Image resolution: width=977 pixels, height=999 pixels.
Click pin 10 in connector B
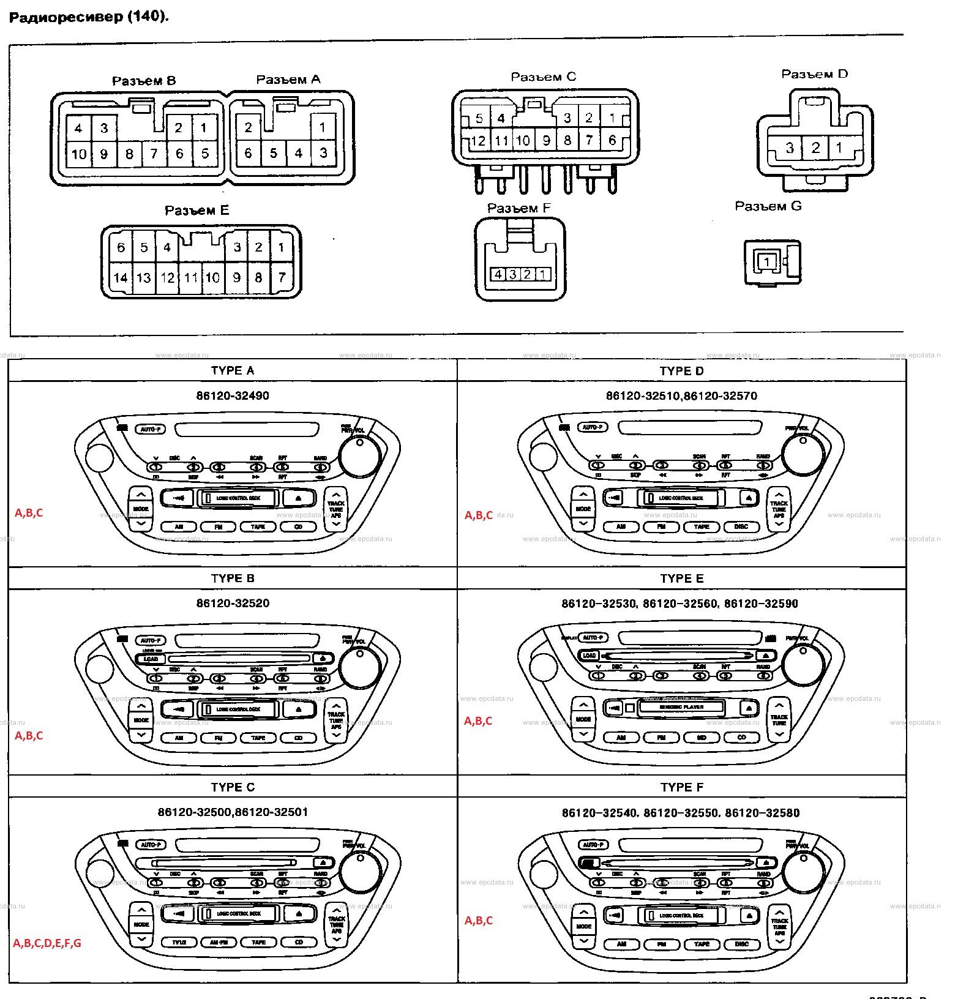point(78,154)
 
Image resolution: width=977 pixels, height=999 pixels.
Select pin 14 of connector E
point(120,278)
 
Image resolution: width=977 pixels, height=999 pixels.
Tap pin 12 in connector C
point(477,141)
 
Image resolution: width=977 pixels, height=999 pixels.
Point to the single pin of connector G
point(766,262)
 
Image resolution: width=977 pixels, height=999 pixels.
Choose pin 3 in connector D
point(790,148)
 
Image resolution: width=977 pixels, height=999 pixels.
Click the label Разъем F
point(519,208)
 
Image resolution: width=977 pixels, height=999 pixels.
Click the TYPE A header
point(232,370)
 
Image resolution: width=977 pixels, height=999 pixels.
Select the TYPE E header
point(682,578)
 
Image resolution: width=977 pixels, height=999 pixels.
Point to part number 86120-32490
point(232,395)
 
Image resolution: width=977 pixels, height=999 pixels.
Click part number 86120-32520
point(232,603)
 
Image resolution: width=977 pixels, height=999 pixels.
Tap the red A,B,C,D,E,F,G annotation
point(47,943)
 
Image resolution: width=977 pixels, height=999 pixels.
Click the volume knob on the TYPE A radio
point(360,455)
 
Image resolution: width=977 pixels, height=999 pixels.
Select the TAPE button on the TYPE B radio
point(259,738)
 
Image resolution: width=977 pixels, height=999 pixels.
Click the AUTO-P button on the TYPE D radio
point(593,427)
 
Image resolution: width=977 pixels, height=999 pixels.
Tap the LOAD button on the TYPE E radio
point(590,656)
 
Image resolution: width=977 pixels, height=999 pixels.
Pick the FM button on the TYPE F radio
point(662,945)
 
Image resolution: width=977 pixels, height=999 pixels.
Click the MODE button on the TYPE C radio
point(141,924)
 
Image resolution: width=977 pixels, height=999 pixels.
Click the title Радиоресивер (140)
point(89,17)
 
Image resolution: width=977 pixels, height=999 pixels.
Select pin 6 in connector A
point(248,153)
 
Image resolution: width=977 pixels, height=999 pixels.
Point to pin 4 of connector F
point(498,274)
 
